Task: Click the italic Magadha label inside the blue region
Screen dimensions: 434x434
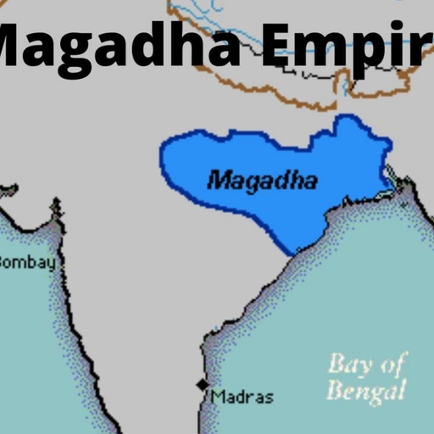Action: (262, 180)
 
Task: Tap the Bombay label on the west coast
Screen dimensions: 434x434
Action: (28, 262)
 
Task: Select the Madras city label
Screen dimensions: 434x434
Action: (242, 396)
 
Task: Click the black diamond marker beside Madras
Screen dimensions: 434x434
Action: (202, 385)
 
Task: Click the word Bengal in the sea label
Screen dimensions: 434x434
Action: (366, 391)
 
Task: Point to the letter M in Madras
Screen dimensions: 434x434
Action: (219, 396)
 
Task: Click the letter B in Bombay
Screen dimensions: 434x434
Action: (4, 262)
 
